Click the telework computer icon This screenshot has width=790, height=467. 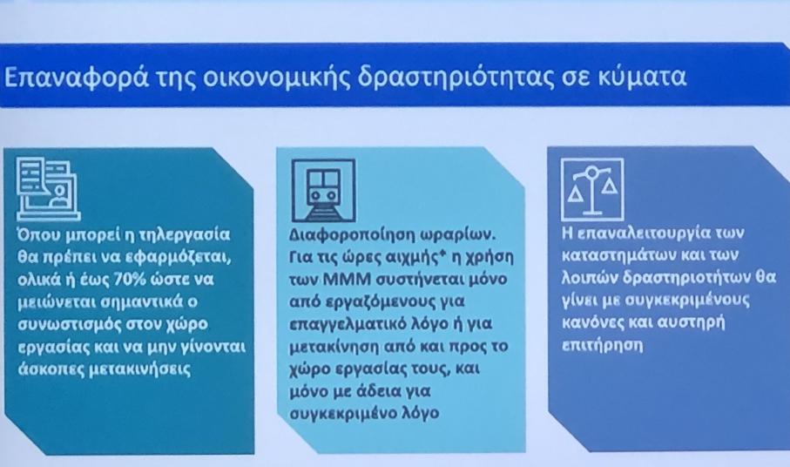click(x=48, y=189)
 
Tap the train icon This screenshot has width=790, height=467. click(x=323, y=191)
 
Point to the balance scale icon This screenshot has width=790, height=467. click(x=592, y=189)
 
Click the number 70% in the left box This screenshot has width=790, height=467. click(x=132, y=279)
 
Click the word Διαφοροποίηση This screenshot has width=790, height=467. click(x=348, y=235)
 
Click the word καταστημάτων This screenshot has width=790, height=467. click(x=618, y=256)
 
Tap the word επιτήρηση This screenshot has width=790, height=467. click(x=602, y=346)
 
